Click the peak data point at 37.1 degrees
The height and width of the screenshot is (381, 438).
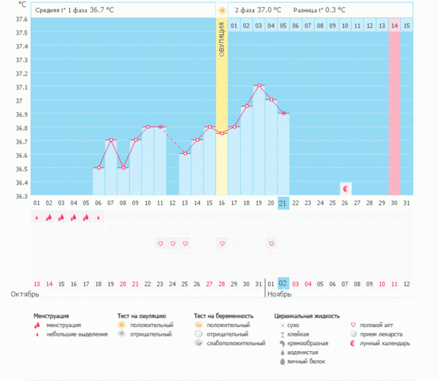(258, 86)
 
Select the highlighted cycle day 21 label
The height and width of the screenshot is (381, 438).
(283, 203)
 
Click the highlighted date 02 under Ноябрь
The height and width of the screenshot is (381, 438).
(283, 283)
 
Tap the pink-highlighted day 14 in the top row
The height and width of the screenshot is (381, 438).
(394, 26)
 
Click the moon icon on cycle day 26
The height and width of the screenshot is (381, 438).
(345, 189)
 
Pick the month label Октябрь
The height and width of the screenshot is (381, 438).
(25, 294)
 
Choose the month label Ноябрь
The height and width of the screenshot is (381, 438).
(279, 294)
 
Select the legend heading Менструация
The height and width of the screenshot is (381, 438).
(58, 315)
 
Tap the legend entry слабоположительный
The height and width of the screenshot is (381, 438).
(237, 342)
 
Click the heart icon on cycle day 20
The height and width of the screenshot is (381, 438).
(271, 243)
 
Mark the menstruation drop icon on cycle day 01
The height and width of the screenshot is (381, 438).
(36, 217)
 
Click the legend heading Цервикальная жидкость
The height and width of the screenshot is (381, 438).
(307, 315)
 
